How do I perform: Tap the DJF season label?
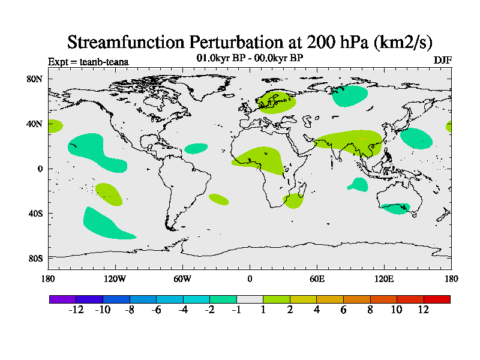coord(442,61)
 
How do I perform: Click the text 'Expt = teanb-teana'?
coord(88,61)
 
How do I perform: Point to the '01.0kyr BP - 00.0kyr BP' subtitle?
coord(250,58)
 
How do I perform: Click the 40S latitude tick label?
coord(37,214)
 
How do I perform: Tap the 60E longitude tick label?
coord(317,278)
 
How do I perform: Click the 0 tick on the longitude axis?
coord(250,278)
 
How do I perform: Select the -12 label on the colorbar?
coord(76,310)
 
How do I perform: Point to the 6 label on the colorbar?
coord(344,310)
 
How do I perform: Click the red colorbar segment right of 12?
coord(437,299)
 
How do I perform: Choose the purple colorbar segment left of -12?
coord(62,299)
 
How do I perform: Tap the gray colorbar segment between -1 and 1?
coord(250,299)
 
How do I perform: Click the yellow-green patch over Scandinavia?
coord(276,103)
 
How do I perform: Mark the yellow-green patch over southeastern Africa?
coord(293,200)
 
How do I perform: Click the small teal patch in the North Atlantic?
coord(196,148)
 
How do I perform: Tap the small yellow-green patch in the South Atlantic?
coord(218,199)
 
